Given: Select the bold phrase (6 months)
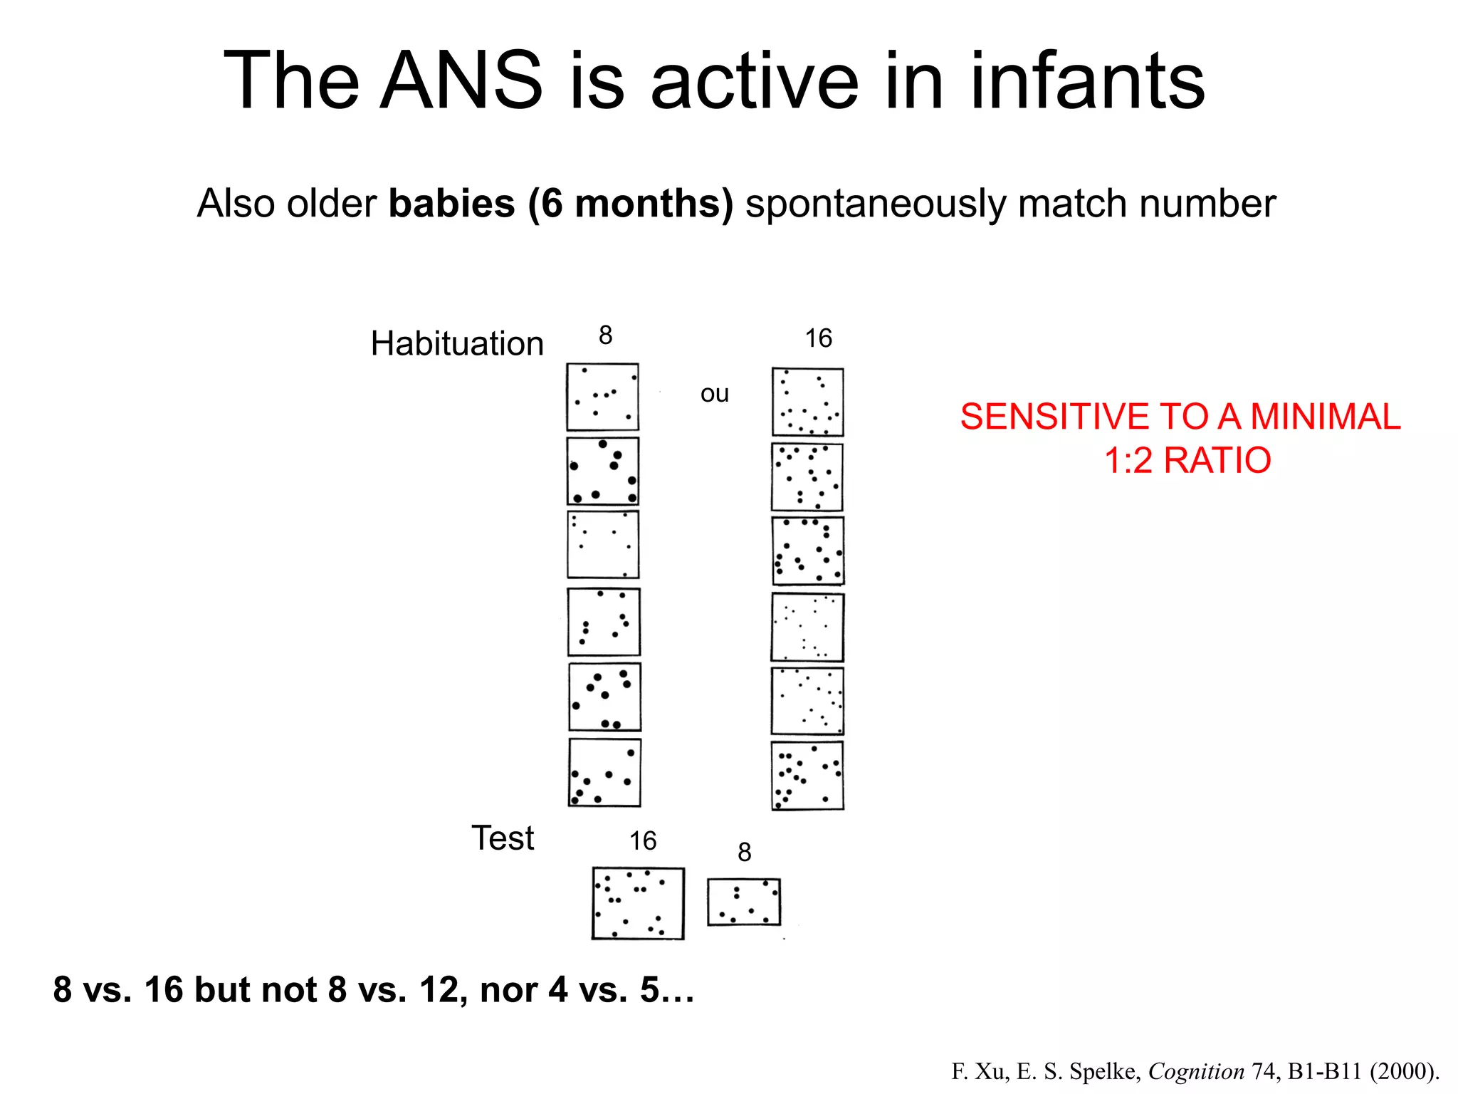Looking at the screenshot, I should [631, 204].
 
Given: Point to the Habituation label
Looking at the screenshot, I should [457, 343].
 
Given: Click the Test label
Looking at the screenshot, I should [503, 838].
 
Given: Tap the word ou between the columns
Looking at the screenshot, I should [714, 394].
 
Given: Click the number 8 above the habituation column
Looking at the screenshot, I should [605, 335].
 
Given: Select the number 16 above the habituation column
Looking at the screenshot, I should [818, 338].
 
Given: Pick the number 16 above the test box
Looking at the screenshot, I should [642, 841].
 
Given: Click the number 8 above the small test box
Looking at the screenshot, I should [744, 852].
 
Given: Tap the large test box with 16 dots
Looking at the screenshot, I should [638, 903].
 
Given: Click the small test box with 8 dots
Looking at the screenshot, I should [744, 902].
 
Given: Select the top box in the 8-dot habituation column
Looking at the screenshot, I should [602, 397].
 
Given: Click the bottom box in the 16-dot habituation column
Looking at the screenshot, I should [807, 776].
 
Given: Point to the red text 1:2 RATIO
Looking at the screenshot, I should [1187, 460].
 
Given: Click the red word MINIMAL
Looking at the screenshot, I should [1325, 417].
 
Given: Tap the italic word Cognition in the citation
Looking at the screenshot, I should [1196, 1071].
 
